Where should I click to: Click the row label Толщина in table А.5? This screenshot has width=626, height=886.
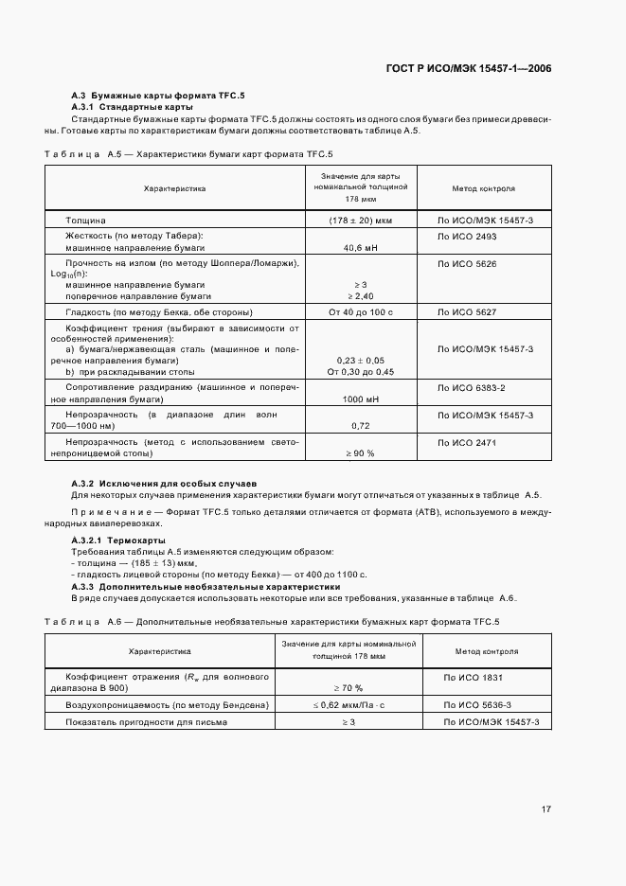tap(85, 220)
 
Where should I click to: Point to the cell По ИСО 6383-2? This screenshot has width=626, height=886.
tap(471, 388)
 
